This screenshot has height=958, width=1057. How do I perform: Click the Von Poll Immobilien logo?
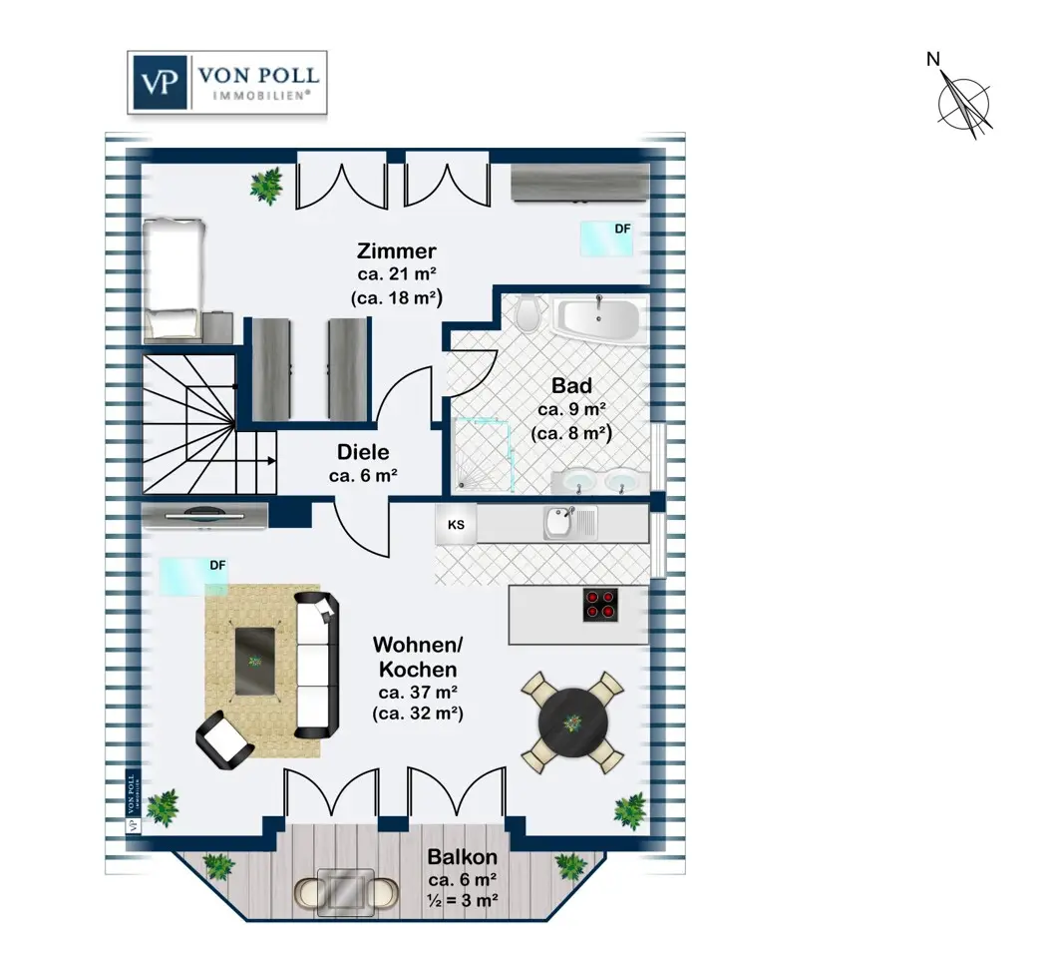pos(227,82)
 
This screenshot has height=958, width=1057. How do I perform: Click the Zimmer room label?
pos(397,250)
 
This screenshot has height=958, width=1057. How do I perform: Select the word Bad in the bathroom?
pos(571,385)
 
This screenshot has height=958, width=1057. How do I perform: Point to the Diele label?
pos(363,451)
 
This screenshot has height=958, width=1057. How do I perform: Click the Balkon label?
pos(463,857)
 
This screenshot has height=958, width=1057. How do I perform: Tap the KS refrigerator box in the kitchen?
pos(456,524)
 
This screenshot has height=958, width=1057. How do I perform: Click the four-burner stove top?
pos(600,605)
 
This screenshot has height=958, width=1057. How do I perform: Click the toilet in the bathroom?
pos(528,313)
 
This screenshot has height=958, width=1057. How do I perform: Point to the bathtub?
pos(597,318)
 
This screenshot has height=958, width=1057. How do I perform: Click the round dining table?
pos(573,722)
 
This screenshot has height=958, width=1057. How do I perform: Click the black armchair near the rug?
pos(224,740)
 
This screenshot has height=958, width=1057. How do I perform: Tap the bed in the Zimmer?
pos(174,278)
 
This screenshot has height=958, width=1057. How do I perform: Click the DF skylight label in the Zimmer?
pos(623,229)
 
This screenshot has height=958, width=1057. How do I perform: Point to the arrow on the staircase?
pos(257,461)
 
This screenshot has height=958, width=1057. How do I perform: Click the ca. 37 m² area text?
pos(418,693)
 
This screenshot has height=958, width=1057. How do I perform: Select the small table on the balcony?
pos(346,892)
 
